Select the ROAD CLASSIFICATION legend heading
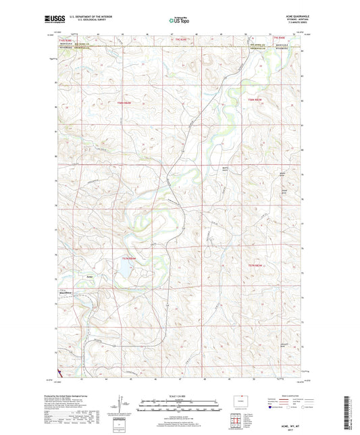(x=286, y=395)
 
